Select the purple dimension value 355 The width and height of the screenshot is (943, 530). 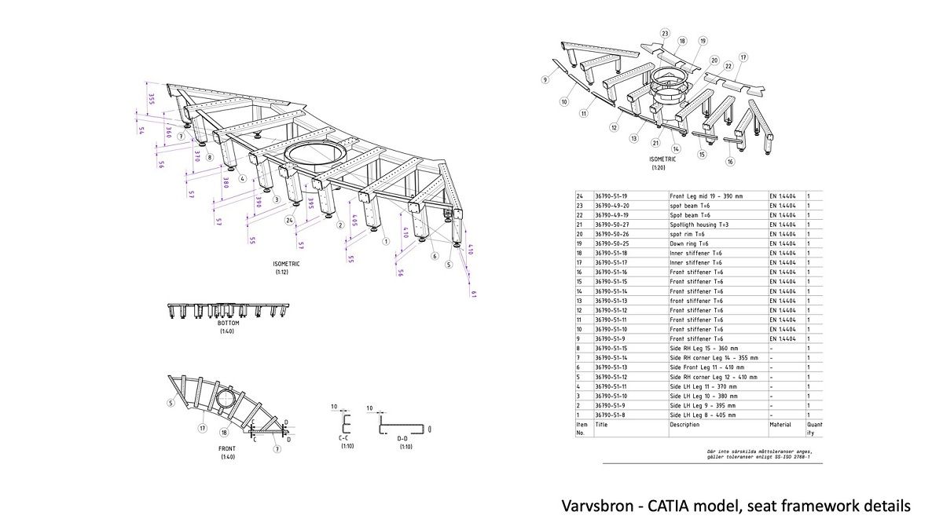[151, 98]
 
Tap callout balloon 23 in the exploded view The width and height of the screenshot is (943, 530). [665, 34]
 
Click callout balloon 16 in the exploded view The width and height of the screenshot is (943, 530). [730, 162]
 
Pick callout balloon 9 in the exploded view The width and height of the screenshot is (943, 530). [544, 80]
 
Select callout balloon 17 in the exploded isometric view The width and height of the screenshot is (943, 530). [743, 57]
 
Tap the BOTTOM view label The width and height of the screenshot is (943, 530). [228, 323]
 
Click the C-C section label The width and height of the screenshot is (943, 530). [344, 438]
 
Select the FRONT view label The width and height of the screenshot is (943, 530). [227, 449]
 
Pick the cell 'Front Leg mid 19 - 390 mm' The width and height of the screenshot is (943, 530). [706, 195]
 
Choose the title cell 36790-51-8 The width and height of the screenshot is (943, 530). [611, 414]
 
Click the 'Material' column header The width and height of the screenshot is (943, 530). [781, 424]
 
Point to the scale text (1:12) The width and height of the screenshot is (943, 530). [282, 272]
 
